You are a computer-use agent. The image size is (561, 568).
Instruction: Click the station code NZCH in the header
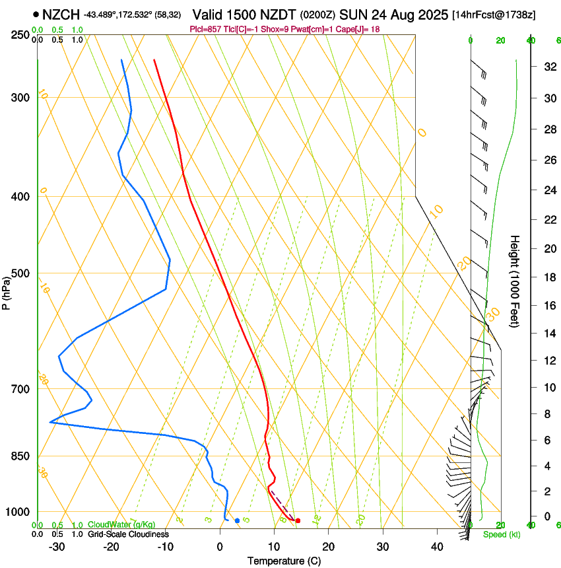pyautogui.click(x=61, y=14)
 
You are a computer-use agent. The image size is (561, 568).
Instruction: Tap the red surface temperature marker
pyautogui.click(x=298, y=521)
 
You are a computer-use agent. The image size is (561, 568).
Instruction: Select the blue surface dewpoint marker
pyautogui.click(x=238, y=521)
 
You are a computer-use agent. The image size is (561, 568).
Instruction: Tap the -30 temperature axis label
pyautogui.click(x=56, y=546)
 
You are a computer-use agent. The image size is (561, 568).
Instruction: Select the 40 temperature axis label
pyautogui.click(x=436, y=546)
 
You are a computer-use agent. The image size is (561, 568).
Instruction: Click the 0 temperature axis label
pyautogui.click(x=220, y=546)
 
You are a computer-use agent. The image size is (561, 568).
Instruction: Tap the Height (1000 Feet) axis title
pyautogui.click(x=515, y=281)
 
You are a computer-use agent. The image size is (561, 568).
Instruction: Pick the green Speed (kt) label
pyautogui.click(x=501, y=534)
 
